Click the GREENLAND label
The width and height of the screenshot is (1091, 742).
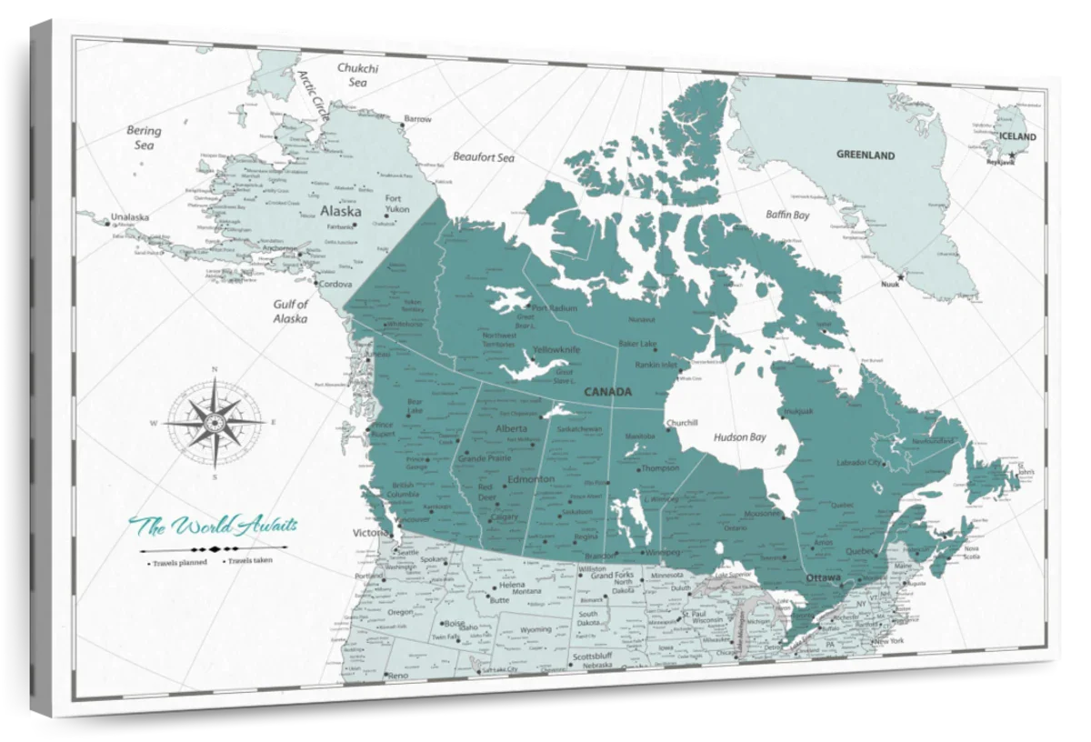(x=866, y=155)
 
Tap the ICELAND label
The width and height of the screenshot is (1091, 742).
(x=1017, y=136)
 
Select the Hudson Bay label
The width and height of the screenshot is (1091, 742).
(x=739, y=436)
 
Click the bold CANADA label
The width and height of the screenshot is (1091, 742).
(x=607, y=392)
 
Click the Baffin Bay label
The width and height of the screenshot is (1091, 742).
(x=786, y=216)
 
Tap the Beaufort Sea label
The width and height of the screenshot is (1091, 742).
(x=484, y=157)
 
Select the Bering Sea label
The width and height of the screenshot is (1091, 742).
(x=144, y=137)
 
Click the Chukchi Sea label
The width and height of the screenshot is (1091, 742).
(x=357, y=75)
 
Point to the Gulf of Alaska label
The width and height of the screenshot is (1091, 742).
(x=290, y=312)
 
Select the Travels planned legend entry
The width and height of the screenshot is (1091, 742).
(x=181, y=562)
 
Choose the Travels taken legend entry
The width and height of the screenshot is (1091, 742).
(x=250, y=561)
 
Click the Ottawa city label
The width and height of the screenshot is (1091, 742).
(x=825, y=577)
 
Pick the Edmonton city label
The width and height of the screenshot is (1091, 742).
(x=530, y=479)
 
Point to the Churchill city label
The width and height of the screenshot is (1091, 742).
(x=682, y=423)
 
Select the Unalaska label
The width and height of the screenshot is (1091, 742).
(x=128, y=217)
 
